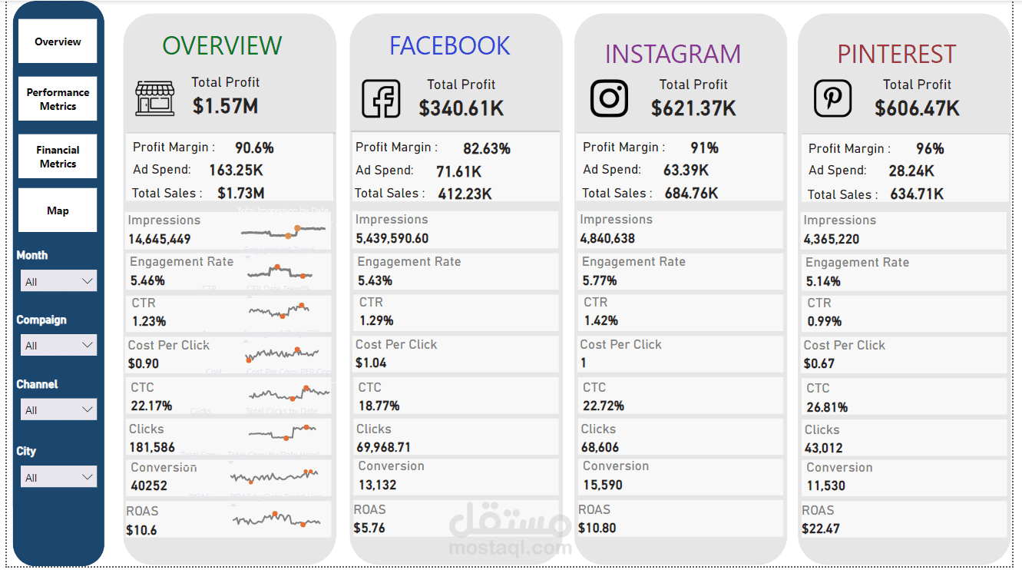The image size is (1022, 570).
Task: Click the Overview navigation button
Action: coord(58,41)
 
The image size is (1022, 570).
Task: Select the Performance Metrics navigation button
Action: coord(58,99)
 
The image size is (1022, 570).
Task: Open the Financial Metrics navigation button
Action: coord(58,157)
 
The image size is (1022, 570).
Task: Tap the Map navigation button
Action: coord(58,210)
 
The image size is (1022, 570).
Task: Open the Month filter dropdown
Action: coord(58,281)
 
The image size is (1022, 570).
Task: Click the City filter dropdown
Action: coord(58,477)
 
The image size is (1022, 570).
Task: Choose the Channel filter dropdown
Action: coord(58,409)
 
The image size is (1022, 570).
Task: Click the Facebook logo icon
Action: coord(382,98)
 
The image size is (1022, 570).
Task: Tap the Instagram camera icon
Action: coord(609,98)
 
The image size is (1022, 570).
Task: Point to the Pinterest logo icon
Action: coord(833,99)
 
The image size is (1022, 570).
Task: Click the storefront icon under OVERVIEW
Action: coord(155,98)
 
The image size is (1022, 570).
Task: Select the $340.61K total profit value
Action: coord(461,108)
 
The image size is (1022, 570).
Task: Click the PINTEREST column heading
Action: coord(896,55)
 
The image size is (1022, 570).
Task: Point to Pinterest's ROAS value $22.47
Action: coord(821,529)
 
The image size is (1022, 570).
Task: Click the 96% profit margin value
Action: coord(930,148)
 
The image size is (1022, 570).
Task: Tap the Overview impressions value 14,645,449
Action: coord(160,239)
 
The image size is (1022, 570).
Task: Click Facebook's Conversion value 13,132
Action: coord(377,485)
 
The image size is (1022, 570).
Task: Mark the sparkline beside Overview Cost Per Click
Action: coord(283,353)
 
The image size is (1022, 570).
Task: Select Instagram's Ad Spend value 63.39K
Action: coord(686,170)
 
